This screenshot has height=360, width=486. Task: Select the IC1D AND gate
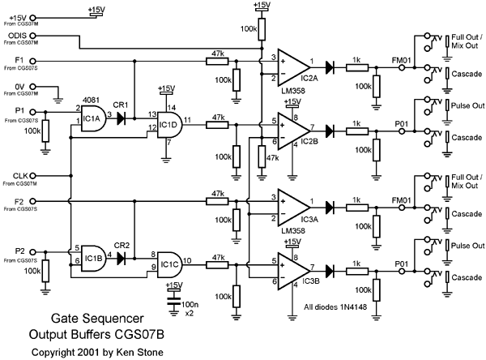[170, 124]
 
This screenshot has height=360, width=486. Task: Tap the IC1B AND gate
[93, 258]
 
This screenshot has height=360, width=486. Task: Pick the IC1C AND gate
[170, 264]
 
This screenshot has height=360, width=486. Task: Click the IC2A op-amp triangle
[293, 67]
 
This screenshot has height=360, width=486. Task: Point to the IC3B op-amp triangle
[293, 271]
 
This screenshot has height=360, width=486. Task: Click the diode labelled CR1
[122, 118]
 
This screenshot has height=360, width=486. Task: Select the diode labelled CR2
[122, 258]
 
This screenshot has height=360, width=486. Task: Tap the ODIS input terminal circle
[32, 36]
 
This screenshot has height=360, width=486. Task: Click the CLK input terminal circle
[32, 176]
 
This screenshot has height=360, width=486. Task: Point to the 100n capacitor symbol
[173, 301]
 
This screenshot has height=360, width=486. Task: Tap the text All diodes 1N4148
[335, 307]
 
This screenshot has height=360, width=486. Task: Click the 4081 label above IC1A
[91, 100]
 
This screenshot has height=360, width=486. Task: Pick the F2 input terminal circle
[32, 201]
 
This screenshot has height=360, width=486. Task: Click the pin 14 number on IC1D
[172, 108]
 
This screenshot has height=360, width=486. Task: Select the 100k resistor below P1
[45, 131]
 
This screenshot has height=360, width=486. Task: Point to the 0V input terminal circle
[32, 87]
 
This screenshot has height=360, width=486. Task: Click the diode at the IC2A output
[330, 67]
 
